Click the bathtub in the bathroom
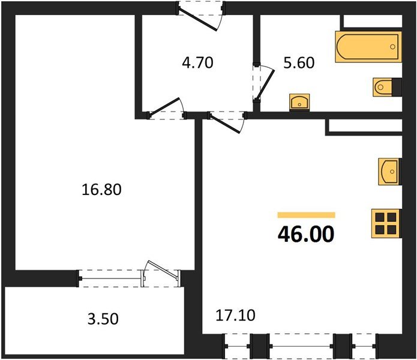click(366, 47)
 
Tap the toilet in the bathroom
click(386, 87)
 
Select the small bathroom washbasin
click(299, 101)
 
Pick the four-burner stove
click(386, 223)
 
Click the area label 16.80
click(101, 190)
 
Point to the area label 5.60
click(299, 62)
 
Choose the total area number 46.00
click(305, 233)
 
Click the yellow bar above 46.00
click(306, 214)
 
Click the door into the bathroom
click(263, 84)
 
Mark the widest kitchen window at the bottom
click(301, 347)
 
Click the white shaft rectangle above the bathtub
click(370, 22)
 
